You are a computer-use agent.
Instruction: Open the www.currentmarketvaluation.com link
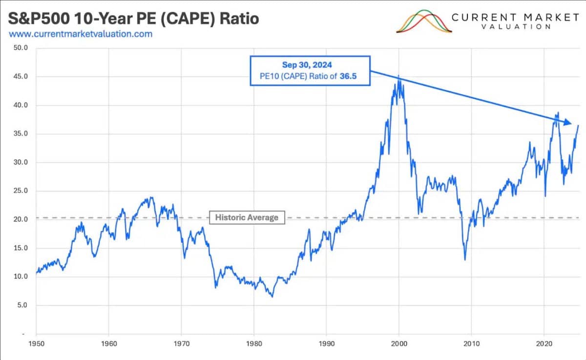81,34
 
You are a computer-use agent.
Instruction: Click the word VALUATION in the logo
516,27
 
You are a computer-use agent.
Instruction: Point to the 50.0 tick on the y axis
21,48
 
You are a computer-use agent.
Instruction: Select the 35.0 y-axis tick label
21,134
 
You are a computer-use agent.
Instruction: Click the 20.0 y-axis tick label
21,219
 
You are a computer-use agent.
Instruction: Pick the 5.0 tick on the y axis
23,305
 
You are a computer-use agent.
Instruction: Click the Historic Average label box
247,217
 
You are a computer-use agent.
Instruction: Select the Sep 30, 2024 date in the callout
310,65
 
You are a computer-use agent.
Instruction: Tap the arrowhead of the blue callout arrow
568,123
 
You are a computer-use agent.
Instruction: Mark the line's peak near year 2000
399,76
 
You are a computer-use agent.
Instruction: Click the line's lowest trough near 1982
272,296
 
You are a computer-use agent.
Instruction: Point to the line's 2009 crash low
465,259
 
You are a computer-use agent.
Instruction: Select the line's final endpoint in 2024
578,126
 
